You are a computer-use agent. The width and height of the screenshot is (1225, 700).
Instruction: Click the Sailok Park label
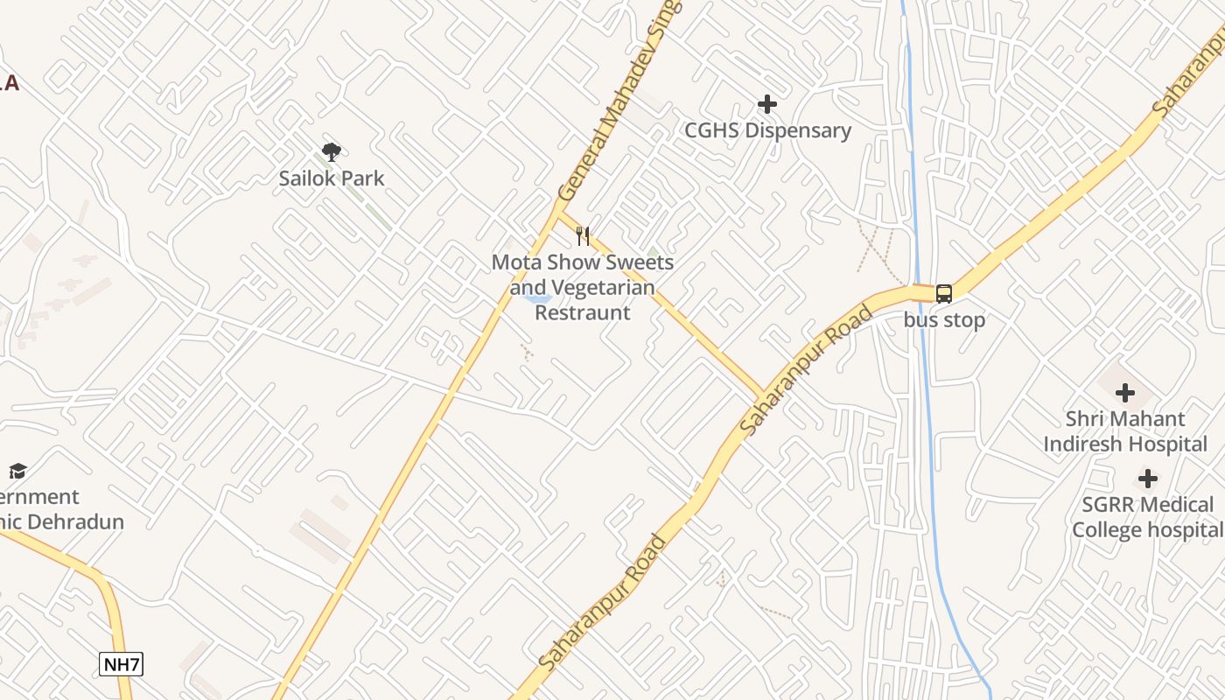coord(332,178)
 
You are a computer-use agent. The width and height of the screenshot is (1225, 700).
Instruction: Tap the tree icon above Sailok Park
coord(331,152)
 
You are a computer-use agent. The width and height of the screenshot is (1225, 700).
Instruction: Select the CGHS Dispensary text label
coord(767,131)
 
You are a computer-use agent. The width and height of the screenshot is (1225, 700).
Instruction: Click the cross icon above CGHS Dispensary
coord(767,105)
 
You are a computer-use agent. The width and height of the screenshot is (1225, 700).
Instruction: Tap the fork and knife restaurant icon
coord(583,235)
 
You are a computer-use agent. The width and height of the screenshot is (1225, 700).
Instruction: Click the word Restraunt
coord(583,312)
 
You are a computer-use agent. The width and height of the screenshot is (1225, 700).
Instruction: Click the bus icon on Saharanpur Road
coord(944,294)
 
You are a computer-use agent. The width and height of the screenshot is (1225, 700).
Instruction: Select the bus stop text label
coord(944,320)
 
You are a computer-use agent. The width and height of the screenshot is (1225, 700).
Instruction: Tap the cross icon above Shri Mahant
coord(1125,394)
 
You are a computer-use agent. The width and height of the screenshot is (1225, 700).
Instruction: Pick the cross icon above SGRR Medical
coord(1148,479)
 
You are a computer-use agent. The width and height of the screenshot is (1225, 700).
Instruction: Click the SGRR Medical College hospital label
coord(1148,517)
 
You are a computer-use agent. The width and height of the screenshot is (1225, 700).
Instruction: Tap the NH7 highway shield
coord(121,664)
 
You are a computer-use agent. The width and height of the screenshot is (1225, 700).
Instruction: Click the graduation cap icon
coord(17,472)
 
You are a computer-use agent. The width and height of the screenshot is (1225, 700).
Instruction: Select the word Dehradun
coord(86,522)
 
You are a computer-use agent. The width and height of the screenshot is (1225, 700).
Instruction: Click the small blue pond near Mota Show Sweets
coord(536,299)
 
